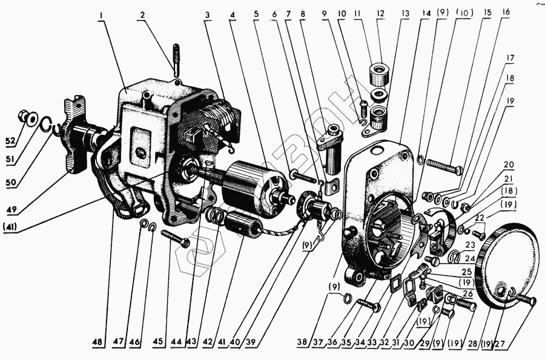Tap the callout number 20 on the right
point(507,164)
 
